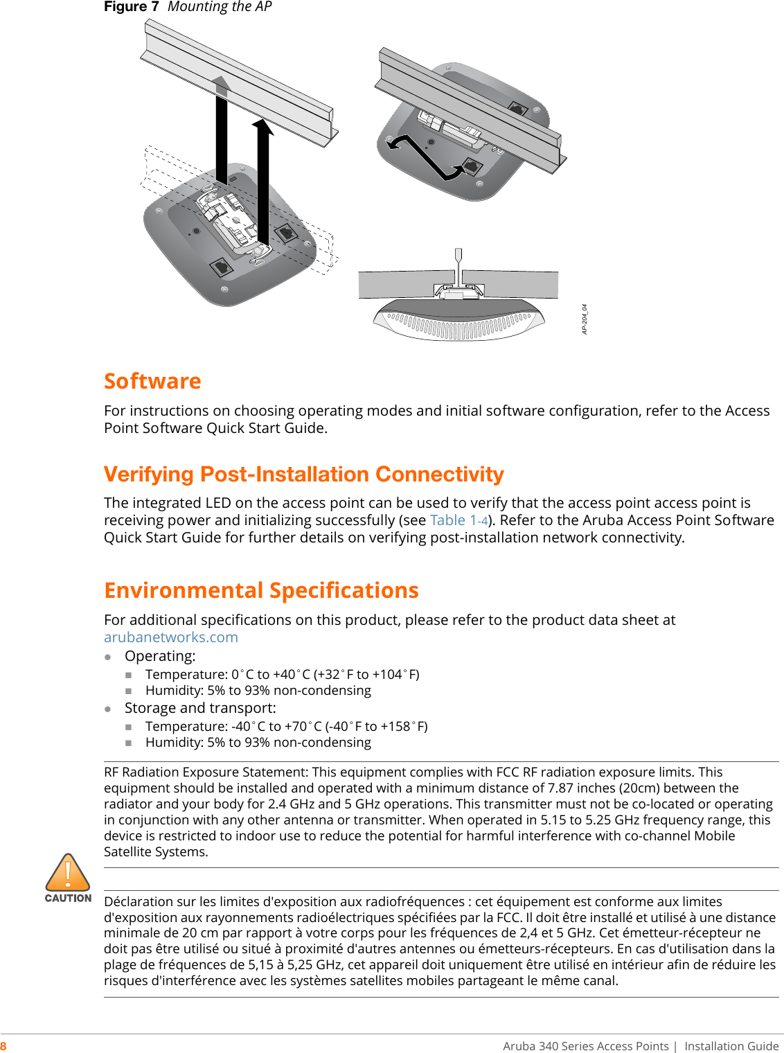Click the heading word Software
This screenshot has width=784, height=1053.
[x=152, y=382]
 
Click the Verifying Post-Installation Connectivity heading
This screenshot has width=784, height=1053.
[x=303, y=475]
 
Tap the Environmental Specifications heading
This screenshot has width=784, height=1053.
[x=261, y=590]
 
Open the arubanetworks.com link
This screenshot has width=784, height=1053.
[x=170, y=637]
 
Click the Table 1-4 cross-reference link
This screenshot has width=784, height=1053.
[x=458, y=520]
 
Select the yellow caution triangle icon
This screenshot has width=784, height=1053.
[x=68, y=873]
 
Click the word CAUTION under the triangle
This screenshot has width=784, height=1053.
[x=68, y=898]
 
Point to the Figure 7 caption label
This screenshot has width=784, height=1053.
[x=131, y=7]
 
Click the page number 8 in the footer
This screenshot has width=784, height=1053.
[x=3, y=1046]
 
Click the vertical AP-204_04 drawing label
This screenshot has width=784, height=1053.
[x=585, y=319]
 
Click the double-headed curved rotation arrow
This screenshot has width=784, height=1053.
[x=427, y=157]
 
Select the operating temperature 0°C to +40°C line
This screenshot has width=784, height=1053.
[x=282, y=675]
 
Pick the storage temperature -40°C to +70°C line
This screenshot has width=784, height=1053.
[x=286, y=727]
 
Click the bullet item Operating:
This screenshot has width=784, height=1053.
[x=160, y=656]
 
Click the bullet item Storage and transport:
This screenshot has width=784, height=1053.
[x=200, y=708]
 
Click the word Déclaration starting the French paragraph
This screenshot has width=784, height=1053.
[x=138, y=902]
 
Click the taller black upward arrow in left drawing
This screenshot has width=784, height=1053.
[x=262, y=187]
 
